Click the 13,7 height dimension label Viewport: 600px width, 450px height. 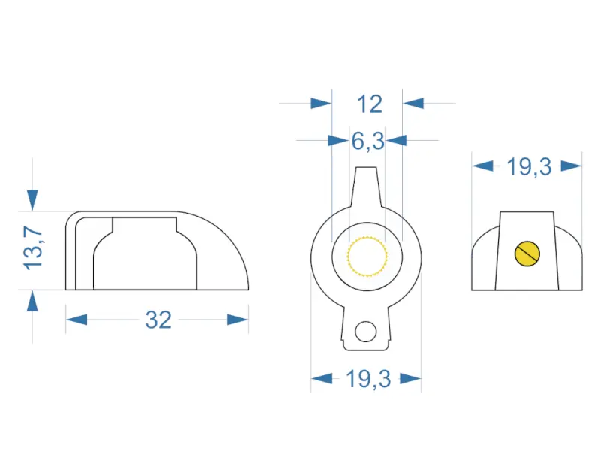33,248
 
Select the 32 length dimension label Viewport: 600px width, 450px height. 158,320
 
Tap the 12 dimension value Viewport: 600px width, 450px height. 370,104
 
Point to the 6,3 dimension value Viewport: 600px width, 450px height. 367,142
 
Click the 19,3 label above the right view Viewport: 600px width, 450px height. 529,167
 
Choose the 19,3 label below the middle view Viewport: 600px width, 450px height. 368,379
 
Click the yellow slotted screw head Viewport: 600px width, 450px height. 527,253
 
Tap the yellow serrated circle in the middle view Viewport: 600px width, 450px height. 367,256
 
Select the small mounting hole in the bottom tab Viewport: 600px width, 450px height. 366,331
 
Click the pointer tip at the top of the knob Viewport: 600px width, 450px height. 366,169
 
